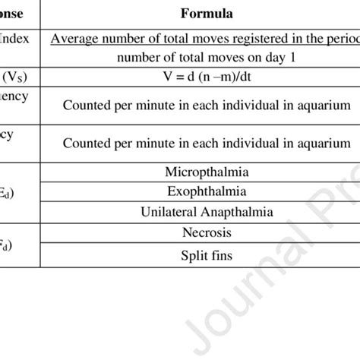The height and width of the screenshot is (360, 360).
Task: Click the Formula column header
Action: pos(207,13)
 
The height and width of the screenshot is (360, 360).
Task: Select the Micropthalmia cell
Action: pos(207,173)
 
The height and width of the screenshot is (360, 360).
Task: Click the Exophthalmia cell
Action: pos(207,191)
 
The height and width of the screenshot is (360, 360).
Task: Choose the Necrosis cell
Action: pos(207,232)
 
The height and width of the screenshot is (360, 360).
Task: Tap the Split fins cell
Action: pos(207,256)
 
